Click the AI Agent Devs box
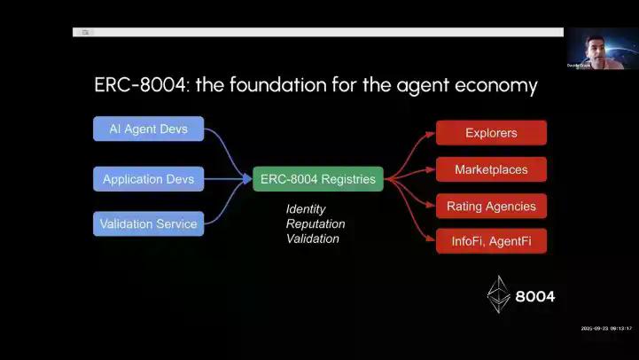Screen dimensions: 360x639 tap(148, 129)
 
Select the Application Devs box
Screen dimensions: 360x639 tap(148, 179)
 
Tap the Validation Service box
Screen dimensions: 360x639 tap(148, 223)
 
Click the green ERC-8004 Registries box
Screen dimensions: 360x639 tap(317, 179)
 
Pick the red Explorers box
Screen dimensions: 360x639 tap(491, 133)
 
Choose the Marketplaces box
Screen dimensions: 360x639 tap(491, 169)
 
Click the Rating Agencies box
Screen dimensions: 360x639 tap(491, 207)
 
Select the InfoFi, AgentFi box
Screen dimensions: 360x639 tap(491, 241)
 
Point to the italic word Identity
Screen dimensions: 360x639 tap(306, 209)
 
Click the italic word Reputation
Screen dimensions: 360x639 tap(316, 224)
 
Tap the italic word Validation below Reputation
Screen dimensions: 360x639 tap(313, 239)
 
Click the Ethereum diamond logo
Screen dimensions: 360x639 tap(498, 294)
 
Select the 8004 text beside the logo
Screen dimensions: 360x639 tap(535, 296)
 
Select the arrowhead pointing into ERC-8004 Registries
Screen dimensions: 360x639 tap(247, 179)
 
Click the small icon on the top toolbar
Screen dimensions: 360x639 tap(86, 32)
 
